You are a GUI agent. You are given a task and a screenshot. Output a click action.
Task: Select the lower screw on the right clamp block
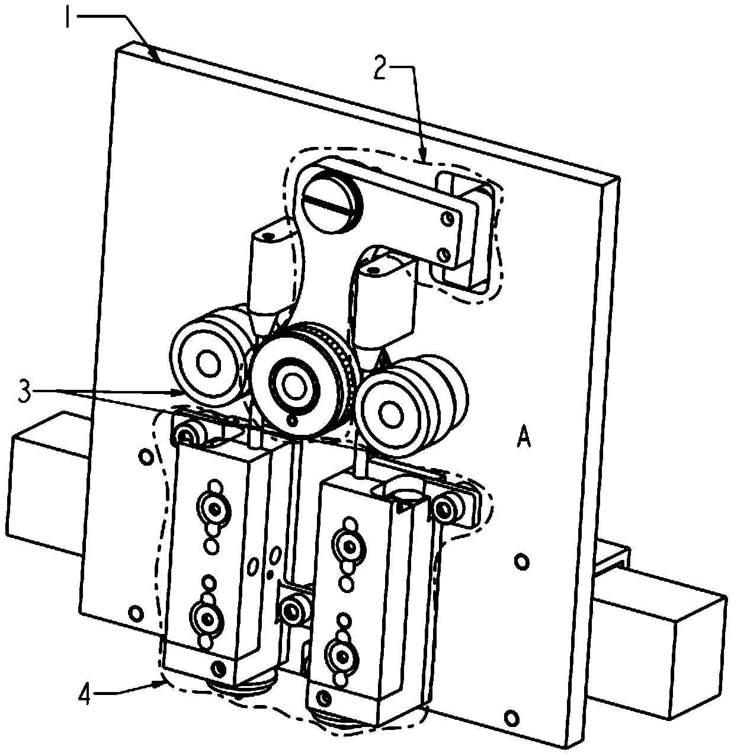(x=342, y=657)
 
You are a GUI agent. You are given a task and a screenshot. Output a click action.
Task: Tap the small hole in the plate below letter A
(x=521, y=561)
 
